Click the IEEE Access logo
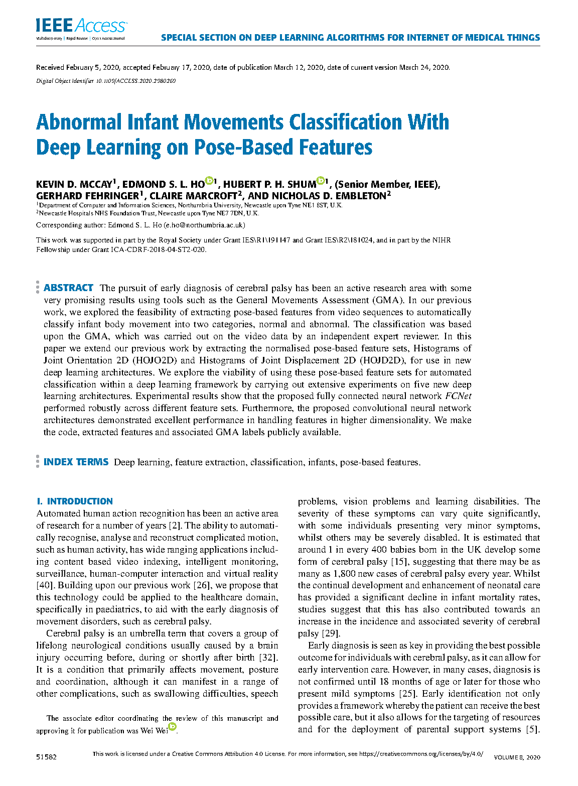point(81,27)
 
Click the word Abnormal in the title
point(79,122)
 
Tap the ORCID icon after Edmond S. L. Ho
point(209,181)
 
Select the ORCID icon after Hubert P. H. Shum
point(320,181)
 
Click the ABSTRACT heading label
point(68,288)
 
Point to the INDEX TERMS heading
point(76,462)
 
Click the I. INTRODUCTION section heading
point(74,501)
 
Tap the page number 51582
point(46,756)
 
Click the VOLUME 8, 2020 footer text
point(517,757)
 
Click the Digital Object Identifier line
point(106,81)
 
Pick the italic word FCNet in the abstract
point(458,396)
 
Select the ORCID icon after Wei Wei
point(173,727)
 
